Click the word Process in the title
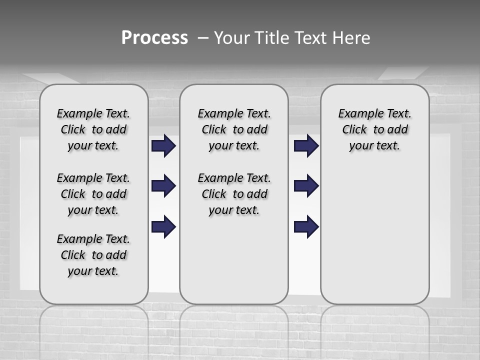coord(154,38)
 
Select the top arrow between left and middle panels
coord(163,146)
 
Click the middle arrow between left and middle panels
coord(163,186)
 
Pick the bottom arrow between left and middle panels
coord(163,226)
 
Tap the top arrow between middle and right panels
coord(306,146)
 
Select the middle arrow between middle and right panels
coord(306,186)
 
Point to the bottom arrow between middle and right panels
coord(306,226)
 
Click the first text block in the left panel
coord(93,129)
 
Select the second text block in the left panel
coord(93,194)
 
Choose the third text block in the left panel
coord(93,255)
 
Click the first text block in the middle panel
coord(234,129)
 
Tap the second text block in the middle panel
coord(234,194)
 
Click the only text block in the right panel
coord(374,129)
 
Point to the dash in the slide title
coord(202,38)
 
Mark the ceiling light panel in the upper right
coord(402,73)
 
